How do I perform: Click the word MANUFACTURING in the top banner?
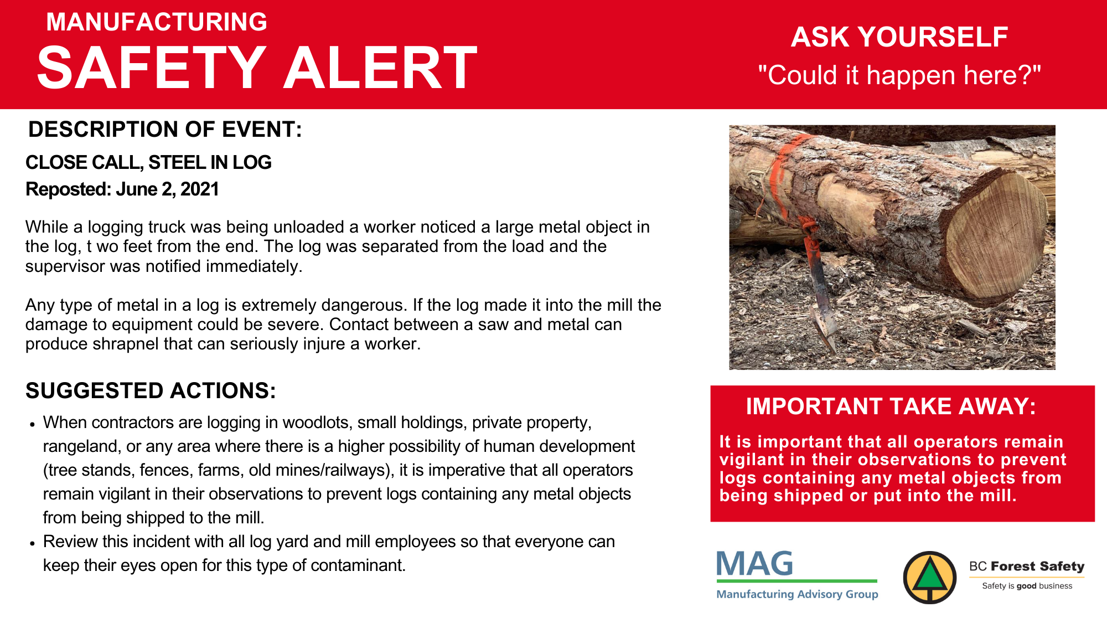coord(157,22)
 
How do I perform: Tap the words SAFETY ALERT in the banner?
coord(257,68)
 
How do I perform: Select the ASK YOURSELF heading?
coord(899,37)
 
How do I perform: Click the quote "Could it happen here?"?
coord(899,75)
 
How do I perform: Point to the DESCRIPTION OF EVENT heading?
coord(165,130)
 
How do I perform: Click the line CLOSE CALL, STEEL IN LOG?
coord(148,162)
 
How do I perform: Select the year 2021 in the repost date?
coord(199,189)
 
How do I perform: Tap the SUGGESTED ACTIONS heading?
coord(151,391)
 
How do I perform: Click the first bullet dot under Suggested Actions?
coord(33,424)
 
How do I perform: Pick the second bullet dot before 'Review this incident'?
coord(33,543)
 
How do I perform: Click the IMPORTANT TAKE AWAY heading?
coord(891,406)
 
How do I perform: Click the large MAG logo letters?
coord(754,564)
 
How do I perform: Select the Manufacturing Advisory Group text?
coord(797,594)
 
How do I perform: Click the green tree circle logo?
coord(930,578)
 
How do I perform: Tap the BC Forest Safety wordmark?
coord(1027,566)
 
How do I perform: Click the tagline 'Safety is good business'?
coord(1027,586)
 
